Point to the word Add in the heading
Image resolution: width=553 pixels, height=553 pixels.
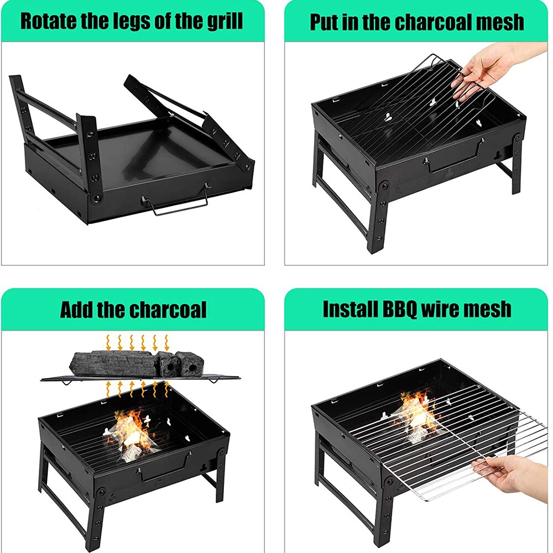76,309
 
